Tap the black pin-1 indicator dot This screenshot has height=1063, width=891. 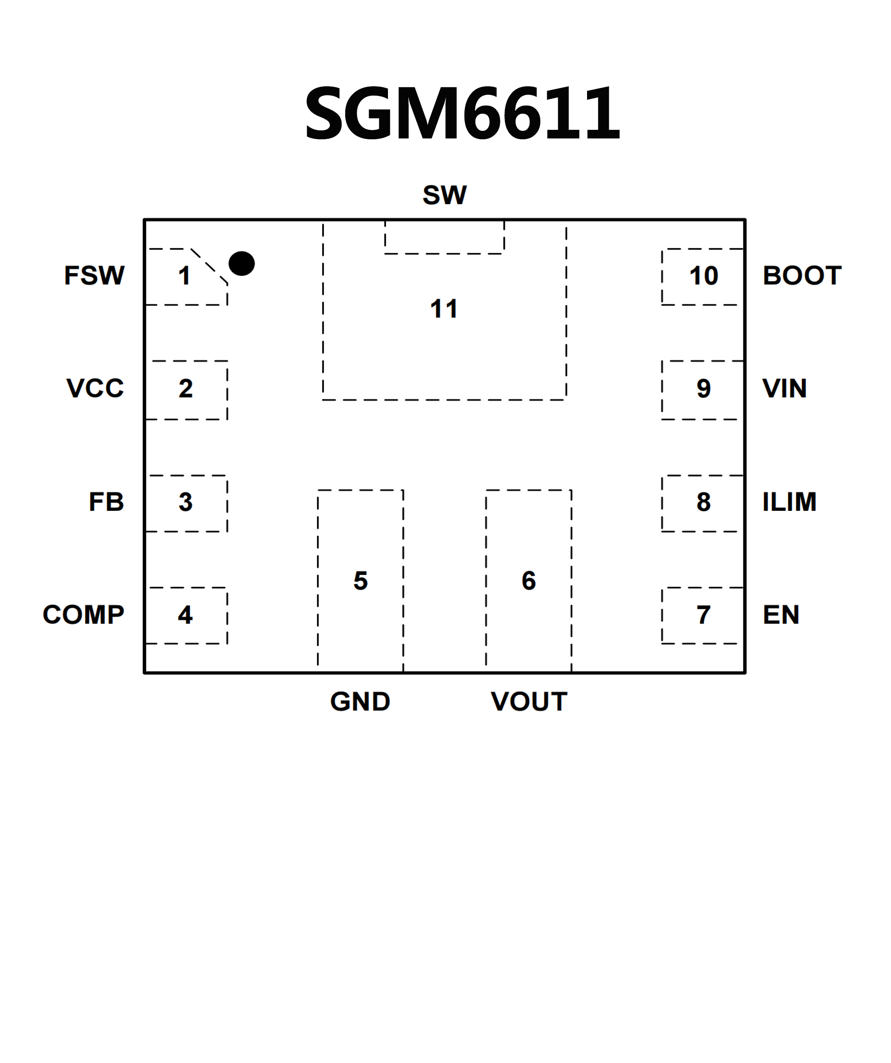point(241,263)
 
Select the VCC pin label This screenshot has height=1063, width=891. point(95,388)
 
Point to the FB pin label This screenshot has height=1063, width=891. point(106,502)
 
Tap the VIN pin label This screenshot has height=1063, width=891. point(784,388)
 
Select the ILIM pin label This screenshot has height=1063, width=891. point(789,502)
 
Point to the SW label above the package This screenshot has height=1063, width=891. point(445,195)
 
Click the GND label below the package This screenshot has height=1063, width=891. point(360,702)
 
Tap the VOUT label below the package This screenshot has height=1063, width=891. point(529,702)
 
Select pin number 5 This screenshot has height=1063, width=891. point(361,580)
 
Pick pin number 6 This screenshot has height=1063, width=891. point(529,580)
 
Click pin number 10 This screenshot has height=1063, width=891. point(704,276)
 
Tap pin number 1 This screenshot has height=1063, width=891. point(184,277)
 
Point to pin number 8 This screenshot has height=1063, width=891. point(703,502)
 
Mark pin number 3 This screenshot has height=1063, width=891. point(185,502)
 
